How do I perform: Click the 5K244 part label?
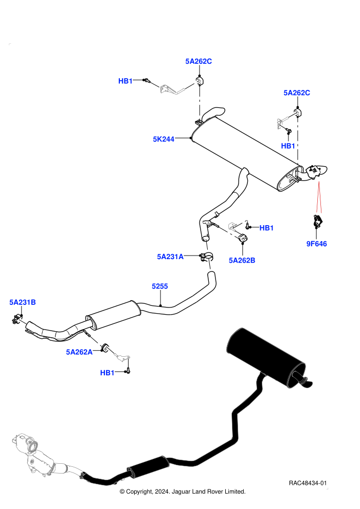point(164,139)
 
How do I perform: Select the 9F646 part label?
point(316,244)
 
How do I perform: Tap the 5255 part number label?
point(160,286)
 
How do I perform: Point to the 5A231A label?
point(170,257)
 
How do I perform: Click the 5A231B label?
point(23,302)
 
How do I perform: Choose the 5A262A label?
point(79,352)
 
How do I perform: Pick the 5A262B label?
point(242,260)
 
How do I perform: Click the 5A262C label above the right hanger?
point(297,93)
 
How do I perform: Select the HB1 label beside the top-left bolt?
point(125,81)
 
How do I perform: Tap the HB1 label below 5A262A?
point(107,373)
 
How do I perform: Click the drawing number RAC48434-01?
point(308,483)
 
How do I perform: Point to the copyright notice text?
point(183,492)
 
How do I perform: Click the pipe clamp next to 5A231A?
point(206,257)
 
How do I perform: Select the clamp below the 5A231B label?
point(16,319)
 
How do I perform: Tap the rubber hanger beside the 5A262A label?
point(104,348)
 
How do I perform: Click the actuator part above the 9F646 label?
point(318,221)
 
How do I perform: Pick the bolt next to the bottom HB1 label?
point(128,370)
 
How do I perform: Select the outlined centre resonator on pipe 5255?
point(113,315)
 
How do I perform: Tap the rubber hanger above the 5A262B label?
point(243,238)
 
